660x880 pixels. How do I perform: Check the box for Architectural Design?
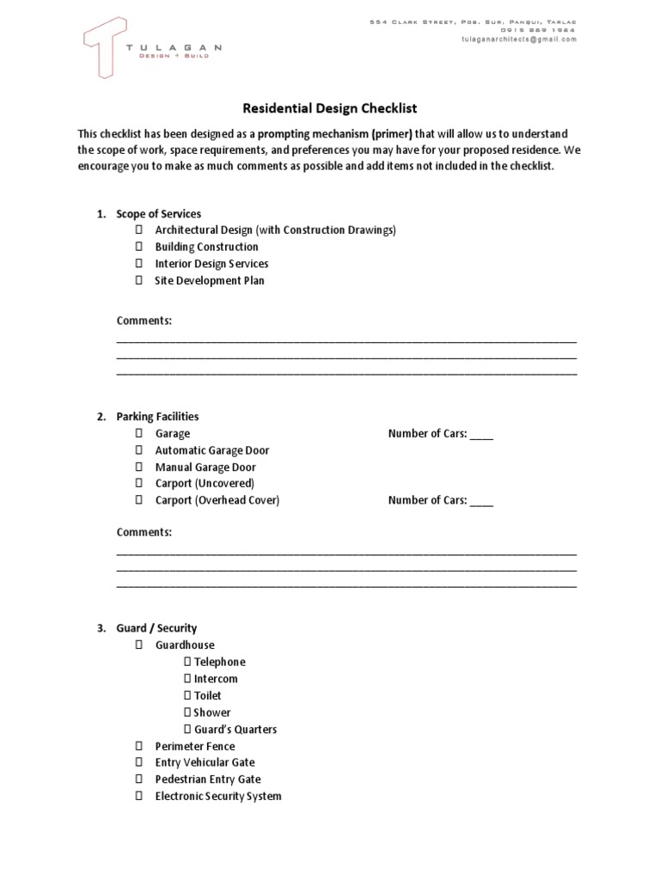(x=138, y=230)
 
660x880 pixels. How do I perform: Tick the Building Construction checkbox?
(x=138, y=247)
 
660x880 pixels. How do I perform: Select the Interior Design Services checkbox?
(x=138, y=264)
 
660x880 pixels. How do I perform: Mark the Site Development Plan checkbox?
(x=138, y=281)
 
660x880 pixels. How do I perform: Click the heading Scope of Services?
(x=158, y=214)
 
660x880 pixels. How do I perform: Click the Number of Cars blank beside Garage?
(x=482, y=435)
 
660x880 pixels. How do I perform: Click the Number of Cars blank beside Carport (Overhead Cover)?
(x=482, y=501)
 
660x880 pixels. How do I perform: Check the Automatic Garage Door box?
(x=138, y=451)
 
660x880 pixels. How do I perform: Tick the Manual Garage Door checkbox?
(x=138, y=467)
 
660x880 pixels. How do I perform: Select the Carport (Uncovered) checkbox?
(x=138, y=484)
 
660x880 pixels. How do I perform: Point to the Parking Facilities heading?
(x=157, y=417)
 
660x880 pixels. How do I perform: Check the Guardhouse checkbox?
(x=138, y=645)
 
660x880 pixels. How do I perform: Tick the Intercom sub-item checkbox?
(x=187, y=679)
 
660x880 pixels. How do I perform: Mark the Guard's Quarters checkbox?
(x=187, y=730)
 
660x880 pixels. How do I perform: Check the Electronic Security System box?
(x=138, y=797)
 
